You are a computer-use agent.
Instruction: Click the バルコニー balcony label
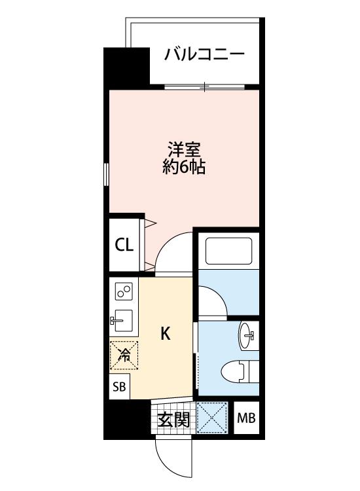pos(204,54)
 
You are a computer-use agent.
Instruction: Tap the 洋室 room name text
pos(184,149)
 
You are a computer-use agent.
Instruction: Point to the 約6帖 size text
pos(184,166)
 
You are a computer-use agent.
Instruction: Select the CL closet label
pos(124,245)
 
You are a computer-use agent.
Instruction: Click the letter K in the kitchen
pos(166,333)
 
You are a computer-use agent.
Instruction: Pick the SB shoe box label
pos(119,387)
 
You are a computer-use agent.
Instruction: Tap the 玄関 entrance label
pos(173,420)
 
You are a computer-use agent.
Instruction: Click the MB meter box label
pos(246,418)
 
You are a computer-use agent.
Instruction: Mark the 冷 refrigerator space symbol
pos(124,355)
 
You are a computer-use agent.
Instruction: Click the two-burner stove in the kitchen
pos(124,291)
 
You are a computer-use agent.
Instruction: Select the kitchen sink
pos(122,320)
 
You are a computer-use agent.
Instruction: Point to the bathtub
pos(229,251)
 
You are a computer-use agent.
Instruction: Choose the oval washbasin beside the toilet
pos(248,336)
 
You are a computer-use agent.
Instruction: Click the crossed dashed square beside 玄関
pos(212,418)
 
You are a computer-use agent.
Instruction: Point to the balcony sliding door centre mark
pos(204,86)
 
